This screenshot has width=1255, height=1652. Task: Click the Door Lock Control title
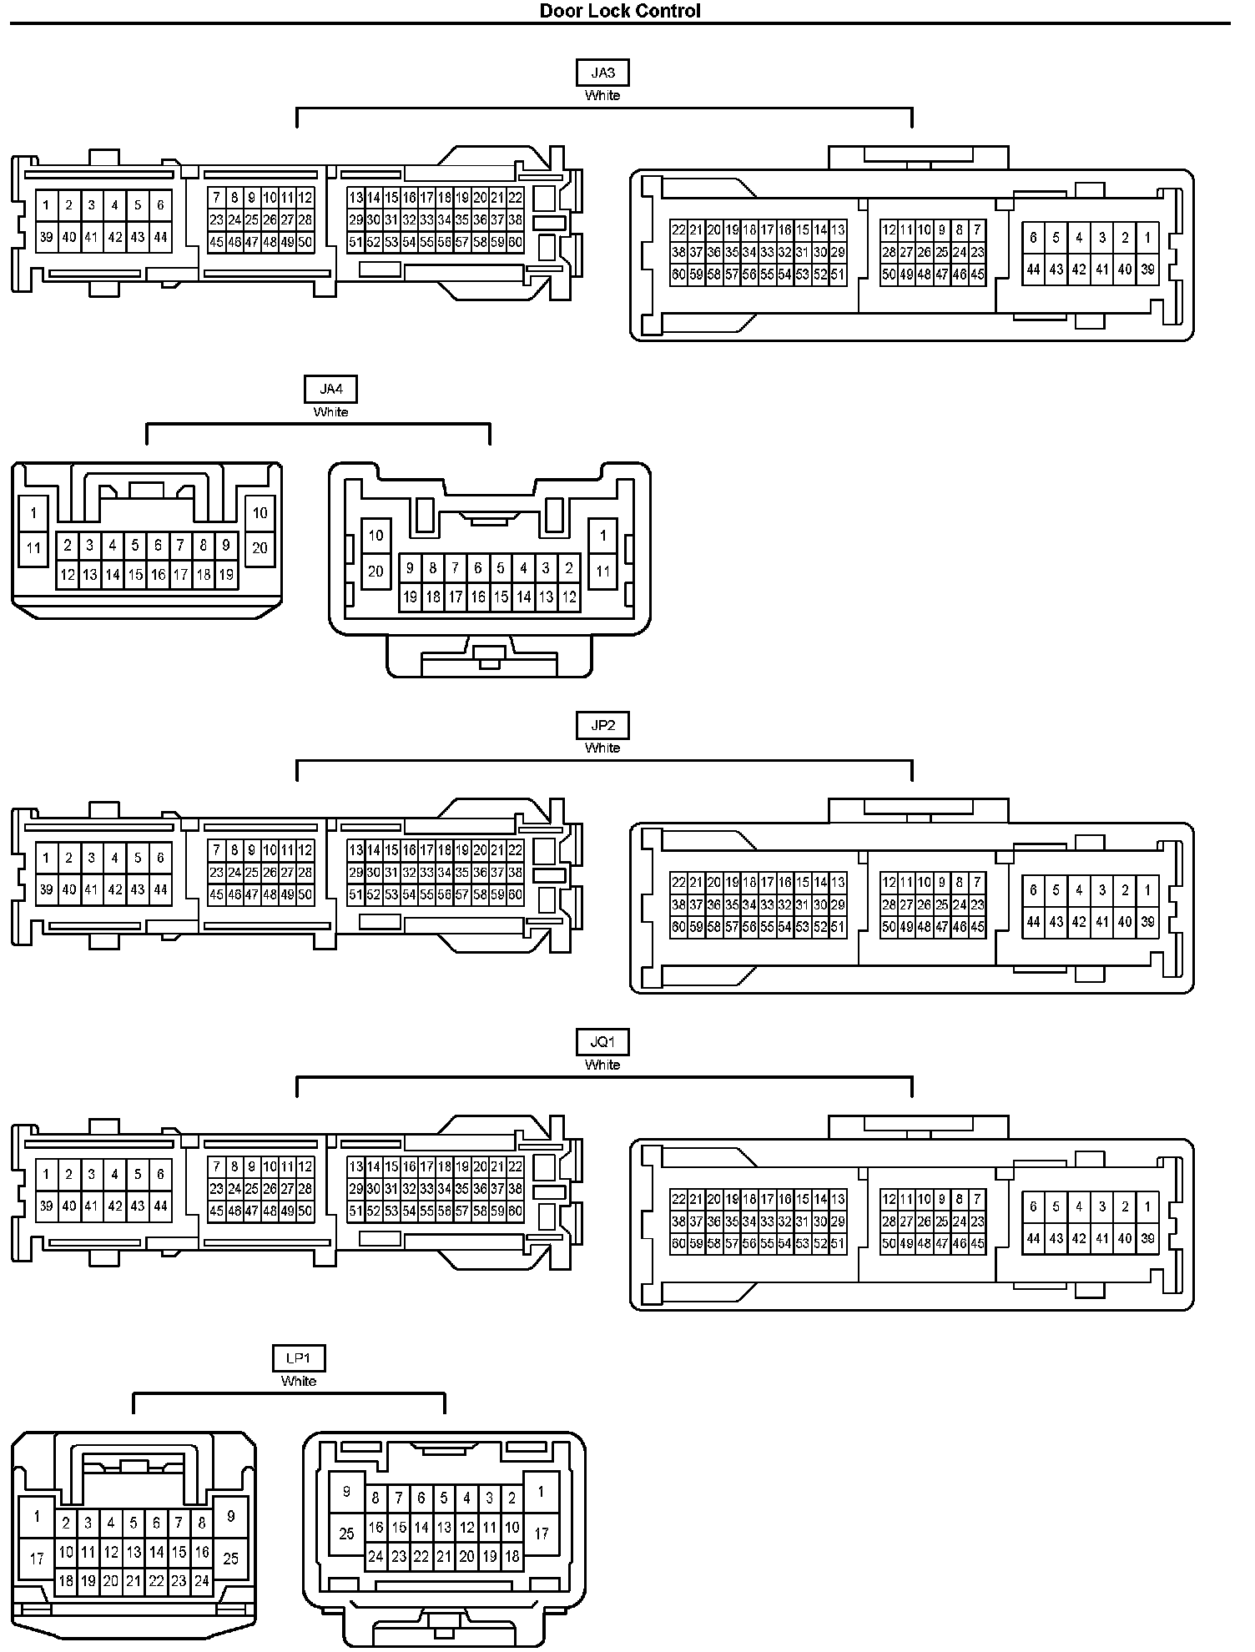coord(620,11)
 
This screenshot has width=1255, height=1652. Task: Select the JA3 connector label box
coord(602,73)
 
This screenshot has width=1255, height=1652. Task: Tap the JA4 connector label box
coord(330,389)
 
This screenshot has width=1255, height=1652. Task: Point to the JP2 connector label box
coord(602,725)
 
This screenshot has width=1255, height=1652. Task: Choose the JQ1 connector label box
coord(602,1042)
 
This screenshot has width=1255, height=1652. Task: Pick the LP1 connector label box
coord(299,1358)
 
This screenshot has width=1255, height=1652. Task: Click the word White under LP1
coord(299,1381)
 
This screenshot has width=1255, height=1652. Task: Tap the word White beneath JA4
coord(330,411)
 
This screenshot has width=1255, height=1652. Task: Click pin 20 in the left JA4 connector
coord(260,548)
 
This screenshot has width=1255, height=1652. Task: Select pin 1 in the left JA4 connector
coord(33,513)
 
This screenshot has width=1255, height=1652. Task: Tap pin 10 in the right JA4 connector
coord(375,536)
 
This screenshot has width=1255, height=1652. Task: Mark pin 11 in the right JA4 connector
coord(602,572)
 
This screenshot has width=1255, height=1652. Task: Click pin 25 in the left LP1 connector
coord(231,1558)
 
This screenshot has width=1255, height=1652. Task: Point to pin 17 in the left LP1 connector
coord(37,1558)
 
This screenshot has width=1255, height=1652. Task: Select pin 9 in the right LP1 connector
coord(346,1491)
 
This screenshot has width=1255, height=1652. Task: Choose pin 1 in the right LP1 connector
coord(541,1491)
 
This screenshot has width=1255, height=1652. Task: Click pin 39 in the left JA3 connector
coord(46,237)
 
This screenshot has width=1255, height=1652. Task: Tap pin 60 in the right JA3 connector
coord(678,274)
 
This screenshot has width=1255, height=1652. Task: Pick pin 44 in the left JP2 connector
coord(160,889)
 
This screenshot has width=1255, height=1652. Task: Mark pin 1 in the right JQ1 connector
coord(1147,1206)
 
